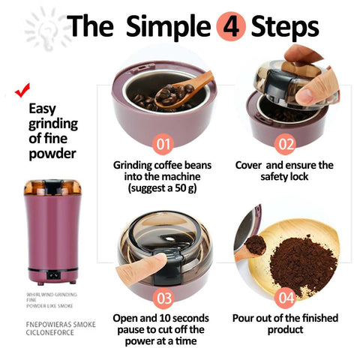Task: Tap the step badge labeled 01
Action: tap(163, 142)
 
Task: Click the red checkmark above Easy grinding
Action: tap(22, 91)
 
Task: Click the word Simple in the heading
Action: tap(167, 27)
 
